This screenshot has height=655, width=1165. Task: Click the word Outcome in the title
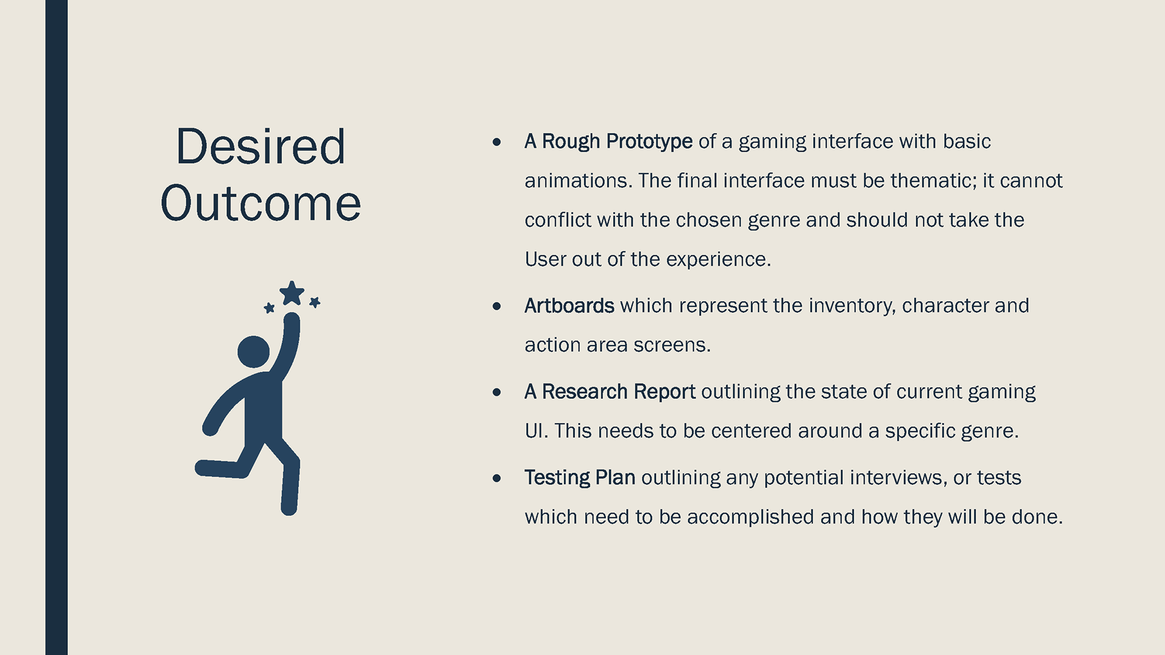[260, 203]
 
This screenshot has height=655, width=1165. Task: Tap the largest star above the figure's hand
[292, 293]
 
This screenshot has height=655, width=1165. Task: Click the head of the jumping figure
[254, 352]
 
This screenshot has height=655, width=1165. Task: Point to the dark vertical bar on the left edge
[56, 327]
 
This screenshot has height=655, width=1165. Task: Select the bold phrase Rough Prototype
[617, 141]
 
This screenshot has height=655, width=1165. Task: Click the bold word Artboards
[569, 306]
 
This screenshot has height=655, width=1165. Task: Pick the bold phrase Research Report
[618, 392]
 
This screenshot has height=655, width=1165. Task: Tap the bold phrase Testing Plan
[580, 478]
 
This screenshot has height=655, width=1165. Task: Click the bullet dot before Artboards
[497, 306]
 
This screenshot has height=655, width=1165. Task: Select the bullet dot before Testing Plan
[497, 479]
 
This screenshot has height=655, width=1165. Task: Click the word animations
[576, 181]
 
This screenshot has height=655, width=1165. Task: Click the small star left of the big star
[269, 308]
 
